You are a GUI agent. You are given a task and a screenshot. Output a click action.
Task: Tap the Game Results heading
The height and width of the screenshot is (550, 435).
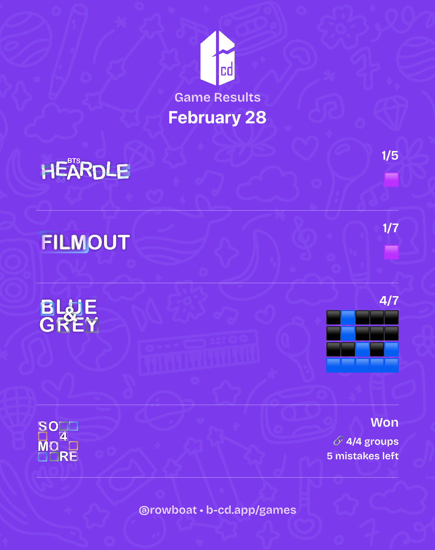point(217,97)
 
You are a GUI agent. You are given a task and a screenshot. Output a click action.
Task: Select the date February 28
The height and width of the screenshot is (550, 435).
point(217,118)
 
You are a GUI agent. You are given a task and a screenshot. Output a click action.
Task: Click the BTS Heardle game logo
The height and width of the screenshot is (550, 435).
point(85,169)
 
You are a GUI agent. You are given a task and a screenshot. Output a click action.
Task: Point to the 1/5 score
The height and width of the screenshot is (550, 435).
point(390,155)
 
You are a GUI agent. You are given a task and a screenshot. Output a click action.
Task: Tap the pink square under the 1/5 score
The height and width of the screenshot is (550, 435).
point(391,180)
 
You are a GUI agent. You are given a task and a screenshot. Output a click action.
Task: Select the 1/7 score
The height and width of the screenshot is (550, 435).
point(390,228)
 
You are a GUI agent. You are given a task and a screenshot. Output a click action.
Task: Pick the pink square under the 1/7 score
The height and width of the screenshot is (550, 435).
point(391,252)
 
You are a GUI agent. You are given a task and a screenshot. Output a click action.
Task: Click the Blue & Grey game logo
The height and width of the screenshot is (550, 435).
point(69,316)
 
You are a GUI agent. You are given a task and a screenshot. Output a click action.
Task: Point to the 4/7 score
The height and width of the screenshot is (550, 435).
point(389,300)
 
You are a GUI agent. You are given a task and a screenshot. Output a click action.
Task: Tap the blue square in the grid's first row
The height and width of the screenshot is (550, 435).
point(348,317)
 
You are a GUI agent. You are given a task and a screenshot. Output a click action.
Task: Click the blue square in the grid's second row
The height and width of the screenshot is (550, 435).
point(348,333)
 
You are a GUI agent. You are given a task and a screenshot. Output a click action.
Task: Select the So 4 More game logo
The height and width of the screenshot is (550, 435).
point(58,442)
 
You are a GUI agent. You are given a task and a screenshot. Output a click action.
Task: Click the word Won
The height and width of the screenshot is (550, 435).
point(384,422)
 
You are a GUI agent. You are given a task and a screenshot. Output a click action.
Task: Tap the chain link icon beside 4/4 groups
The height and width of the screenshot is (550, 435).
point(339,441)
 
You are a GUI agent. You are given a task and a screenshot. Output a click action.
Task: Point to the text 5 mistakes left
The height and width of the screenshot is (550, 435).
point(362,456)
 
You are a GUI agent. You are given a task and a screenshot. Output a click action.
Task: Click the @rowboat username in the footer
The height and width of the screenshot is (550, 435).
point(168,510)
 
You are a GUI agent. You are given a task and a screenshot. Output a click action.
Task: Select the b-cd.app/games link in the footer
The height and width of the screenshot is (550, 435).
point(251,510)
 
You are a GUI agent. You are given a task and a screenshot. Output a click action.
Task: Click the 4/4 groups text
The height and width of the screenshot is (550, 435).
point(372,442)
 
